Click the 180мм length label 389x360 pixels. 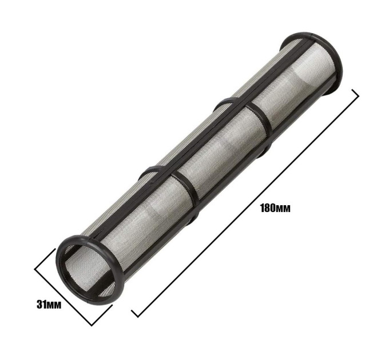275,208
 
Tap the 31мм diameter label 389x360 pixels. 49,305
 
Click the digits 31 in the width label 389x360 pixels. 41,305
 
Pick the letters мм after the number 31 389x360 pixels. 54,306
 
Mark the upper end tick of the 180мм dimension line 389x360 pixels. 355,93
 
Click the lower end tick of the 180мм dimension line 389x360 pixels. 134,313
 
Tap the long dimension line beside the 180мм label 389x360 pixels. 245,203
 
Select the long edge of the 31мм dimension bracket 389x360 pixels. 63,297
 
